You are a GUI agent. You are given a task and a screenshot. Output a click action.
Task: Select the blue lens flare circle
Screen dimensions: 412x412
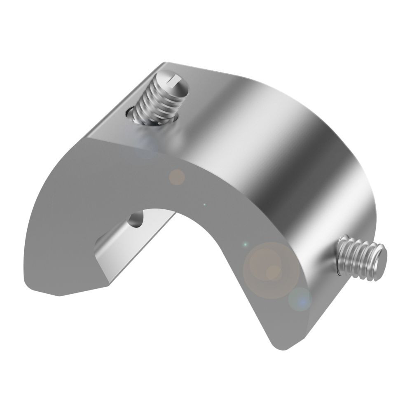pyautogui.click(x=300, y=299)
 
